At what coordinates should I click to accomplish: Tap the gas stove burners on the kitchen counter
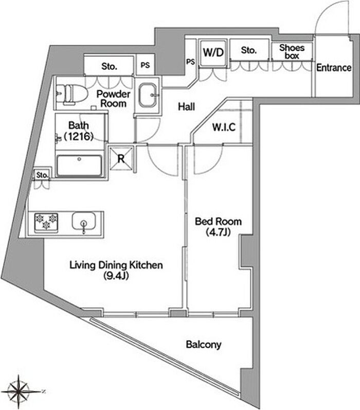point(46,223)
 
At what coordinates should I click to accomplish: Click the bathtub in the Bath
point(79,166)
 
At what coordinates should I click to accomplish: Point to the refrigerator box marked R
point(121,159)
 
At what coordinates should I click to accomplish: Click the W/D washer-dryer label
point(213,52)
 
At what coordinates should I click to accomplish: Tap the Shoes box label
point(292,51)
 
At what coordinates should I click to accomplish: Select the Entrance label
point(334,68)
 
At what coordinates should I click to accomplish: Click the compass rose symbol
point(19,391)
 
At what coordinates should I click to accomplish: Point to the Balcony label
point(204,344)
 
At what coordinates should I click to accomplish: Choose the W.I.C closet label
point(224,127)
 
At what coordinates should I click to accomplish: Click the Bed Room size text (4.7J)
point(218,232)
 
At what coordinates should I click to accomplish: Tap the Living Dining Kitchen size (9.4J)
point(116,276)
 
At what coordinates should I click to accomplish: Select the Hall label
point(186,106)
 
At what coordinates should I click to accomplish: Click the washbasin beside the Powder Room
point(148,96)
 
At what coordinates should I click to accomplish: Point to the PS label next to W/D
point(191,62)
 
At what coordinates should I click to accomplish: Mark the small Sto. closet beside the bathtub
point(42,175)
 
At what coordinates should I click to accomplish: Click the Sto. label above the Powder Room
point(109,66)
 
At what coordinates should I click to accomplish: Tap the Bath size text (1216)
point(79,136)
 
